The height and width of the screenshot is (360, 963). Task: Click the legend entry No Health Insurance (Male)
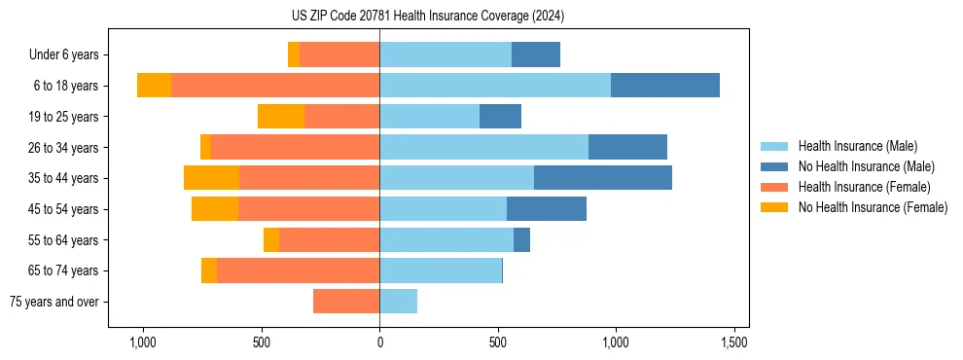(866, 166)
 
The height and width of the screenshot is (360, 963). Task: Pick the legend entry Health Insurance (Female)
(864, 187)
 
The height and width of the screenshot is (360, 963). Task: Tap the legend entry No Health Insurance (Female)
(873, 207)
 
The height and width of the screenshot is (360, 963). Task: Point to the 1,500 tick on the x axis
(734, 342)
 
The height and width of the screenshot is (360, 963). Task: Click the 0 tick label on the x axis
(379, 342)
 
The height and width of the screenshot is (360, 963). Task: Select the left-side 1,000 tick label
(143, 342)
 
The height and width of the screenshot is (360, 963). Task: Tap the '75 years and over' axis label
(54, 302)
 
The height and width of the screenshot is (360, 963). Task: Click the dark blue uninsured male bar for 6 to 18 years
(665, 86)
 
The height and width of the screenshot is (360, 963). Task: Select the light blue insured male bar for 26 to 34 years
(483, 147)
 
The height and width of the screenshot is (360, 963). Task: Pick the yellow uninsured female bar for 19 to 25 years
(281, 117)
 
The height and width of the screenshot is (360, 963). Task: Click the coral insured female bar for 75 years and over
(346, 302)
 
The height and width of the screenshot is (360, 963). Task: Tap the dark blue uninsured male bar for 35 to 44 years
(603, 178)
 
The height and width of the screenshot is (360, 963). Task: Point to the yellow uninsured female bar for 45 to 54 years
(215, 209)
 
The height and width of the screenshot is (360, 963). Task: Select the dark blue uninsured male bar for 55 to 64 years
(521, 239)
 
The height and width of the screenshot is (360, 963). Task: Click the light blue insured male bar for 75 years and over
(398, 302)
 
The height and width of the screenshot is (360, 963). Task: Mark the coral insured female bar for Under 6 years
(339, 54)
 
